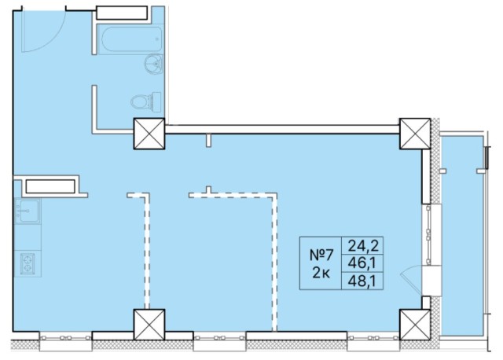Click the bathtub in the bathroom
pyautogui.click(x=131, y=39)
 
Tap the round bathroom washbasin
pyautogui.click(x=154, y=64)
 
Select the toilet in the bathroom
pyautogui.click(x=146, y=101)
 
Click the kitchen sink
pyautogui.click(x=28, y=211)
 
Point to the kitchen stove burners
pyautogui.click(x=28, y=264)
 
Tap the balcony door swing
pyautogui.click(x=411, y=280)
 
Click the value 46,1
pyautogui.click(x=362, y=264)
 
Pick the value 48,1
pyautogui.click(x=362, y=281)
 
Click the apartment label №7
pyautogui.click(x=321, y=255)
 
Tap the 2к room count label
pyautogui.click(x=321, y=274)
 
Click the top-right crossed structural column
pyautogui.click(x=415, y=134)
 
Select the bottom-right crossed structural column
pyautogui.click(x=415, y=325)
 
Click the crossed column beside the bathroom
pyautogui.click(x=149, y=134)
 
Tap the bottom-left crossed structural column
pyautogui.click(x=149, y=325)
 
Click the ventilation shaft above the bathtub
pyautogui.click(x=122, y=13)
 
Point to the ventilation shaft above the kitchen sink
pyautogui.click(x=50, y=186)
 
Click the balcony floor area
pyautogui.click(x=462, y=236)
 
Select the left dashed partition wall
pyautogui.click(x=147, y=250)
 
